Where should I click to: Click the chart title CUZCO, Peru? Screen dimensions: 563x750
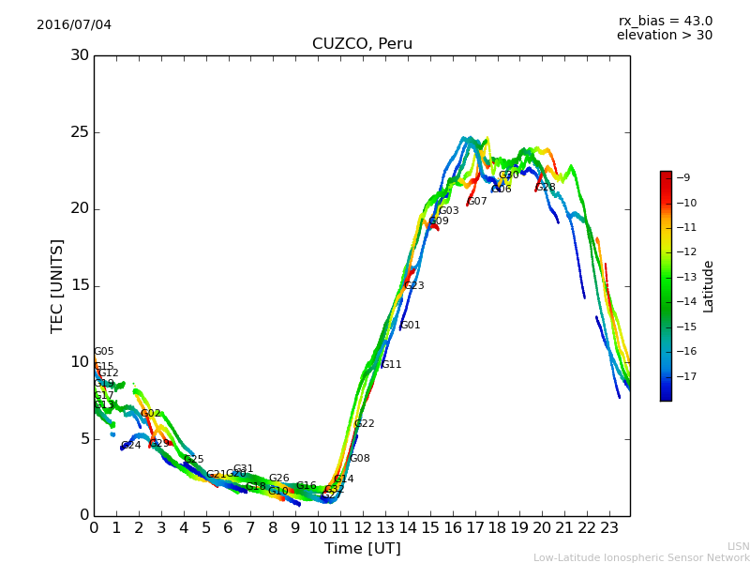pyautogui.click(x=362, y=44)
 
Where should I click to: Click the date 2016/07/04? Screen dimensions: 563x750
pyautogui.click(x=74, y=24)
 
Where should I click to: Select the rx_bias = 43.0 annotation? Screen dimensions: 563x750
pyautogui.click(x=665, y=21)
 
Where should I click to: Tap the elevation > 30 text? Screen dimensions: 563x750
pyautogui.click(x=665, y=36)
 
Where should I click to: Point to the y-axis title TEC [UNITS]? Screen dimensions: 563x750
pyautogui.click(x=57, y=285)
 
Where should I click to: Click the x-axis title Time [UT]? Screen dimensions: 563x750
pyautogui.click(x=362, y=549)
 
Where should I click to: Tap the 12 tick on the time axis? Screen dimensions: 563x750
pyautogui.click(x=363, y=527)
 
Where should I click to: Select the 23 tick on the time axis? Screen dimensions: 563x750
pyautogui.click(x=609, y=527)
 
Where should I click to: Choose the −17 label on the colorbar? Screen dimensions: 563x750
pyautogui.click(x=685, y=376)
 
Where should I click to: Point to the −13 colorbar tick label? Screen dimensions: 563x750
pyautogui.click(x=685, y=277)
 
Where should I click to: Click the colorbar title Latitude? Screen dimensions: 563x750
pyautogui.click(x=708, y=286)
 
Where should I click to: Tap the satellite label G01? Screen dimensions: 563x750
pyautogui.click(x=411, y=326)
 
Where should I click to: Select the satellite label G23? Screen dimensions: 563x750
pyautogui.click(x=414, y=285)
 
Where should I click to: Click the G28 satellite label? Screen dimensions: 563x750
pyautogui.click(x=546, y=188)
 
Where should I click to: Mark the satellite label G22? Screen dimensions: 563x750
pyautogui.click(x=364, y=424)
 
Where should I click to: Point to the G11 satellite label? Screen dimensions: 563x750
pyautogui.click(x=391, y=365)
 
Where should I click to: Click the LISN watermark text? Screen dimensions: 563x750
pyautogui.click(x=738, y=546)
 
